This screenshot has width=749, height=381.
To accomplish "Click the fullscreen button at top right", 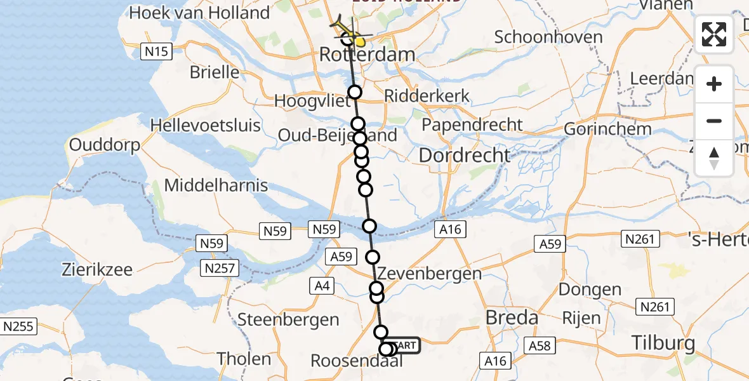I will (714, 34).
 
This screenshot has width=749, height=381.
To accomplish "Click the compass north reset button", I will (714, 158).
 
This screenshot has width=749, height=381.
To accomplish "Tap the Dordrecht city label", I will (465, 155).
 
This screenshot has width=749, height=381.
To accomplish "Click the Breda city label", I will (512, 317).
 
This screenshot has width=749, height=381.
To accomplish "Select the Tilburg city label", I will (663, 344).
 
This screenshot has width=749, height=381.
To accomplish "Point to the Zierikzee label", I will (97, 269).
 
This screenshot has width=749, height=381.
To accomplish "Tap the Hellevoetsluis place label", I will (206, 124).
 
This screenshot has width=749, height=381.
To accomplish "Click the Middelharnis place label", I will (216, 186).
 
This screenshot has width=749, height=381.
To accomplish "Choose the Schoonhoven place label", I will (548, 37).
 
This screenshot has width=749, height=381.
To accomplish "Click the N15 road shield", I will (156, 51).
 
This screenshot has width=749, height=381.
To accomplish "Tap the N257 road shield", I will (218, 268).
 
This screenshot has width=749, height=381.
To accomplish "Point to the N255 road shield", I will (18, 327).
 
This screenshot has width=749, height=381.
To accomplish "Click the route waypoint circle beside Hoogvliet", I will (354, 92).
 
